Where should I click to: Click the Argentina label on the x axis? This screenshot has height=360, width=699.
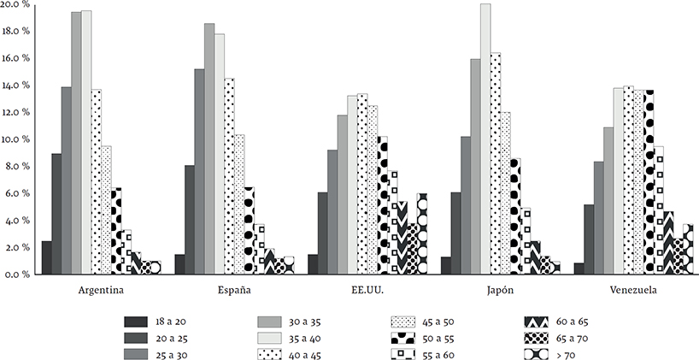tap(96, 291)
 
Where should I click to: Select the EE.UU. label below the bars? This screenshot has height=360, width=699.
tap(366, 291)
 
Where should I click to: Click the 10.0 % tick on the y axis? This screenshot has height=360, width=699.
tap(16, 139)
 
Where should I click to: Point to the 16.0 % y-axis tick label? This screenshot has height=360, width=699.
tap(16, 58)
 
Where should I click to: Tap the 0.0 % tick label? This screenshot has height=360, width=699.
tap(16, 274)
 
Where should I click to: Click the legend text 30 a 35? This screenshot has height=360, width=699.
tap(303, 322)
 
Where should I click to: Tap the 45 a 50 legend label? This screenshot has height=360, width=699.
tap(436, 322)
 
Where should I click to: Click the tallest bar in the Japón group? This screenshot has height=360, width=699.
tap(485, 137)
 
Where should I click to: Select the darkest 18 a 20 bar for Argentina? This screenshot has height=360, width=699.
tap(46, 257)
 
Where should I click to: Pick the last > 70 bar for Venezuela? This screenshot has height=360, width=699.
tap(688, 249)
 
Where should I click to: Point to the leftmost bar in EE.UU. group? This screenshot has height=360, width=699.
tap(313, 264)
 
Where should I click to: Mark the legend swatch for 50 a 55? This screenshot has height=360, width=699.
tap(403, 338)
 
